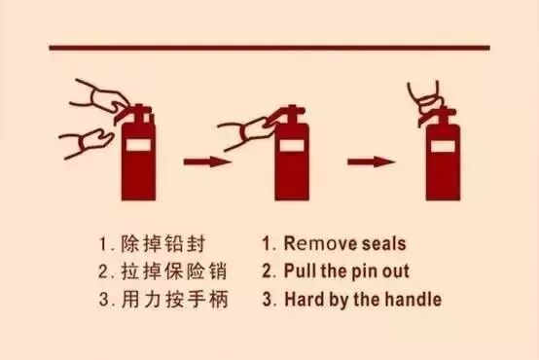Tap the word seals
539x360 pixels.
pos(384,243)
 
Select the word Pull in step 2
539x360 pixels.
pos(301,270)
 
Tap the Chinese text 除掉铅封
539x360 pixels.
pos(163,244)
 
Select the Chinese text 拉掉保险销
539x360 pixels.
pos(174,271)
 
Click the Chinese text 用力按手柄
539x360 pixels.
pos(174,299)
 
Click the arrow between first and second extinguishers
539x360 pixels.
pos(207,162)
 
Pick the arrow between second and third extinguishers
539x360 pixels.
pos(372,162)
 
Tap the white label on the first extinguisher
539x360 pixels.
pos(138,144)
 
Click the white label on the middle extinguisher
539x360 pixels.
pos(291,145)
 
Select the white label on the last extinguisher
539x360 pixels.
pos(443,146)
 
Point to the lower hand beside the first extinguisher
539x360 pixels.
pos(88,142)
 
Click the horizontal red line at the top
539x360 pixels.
pos(269,48)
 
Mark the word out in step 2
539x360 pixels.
pos(396,271)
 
